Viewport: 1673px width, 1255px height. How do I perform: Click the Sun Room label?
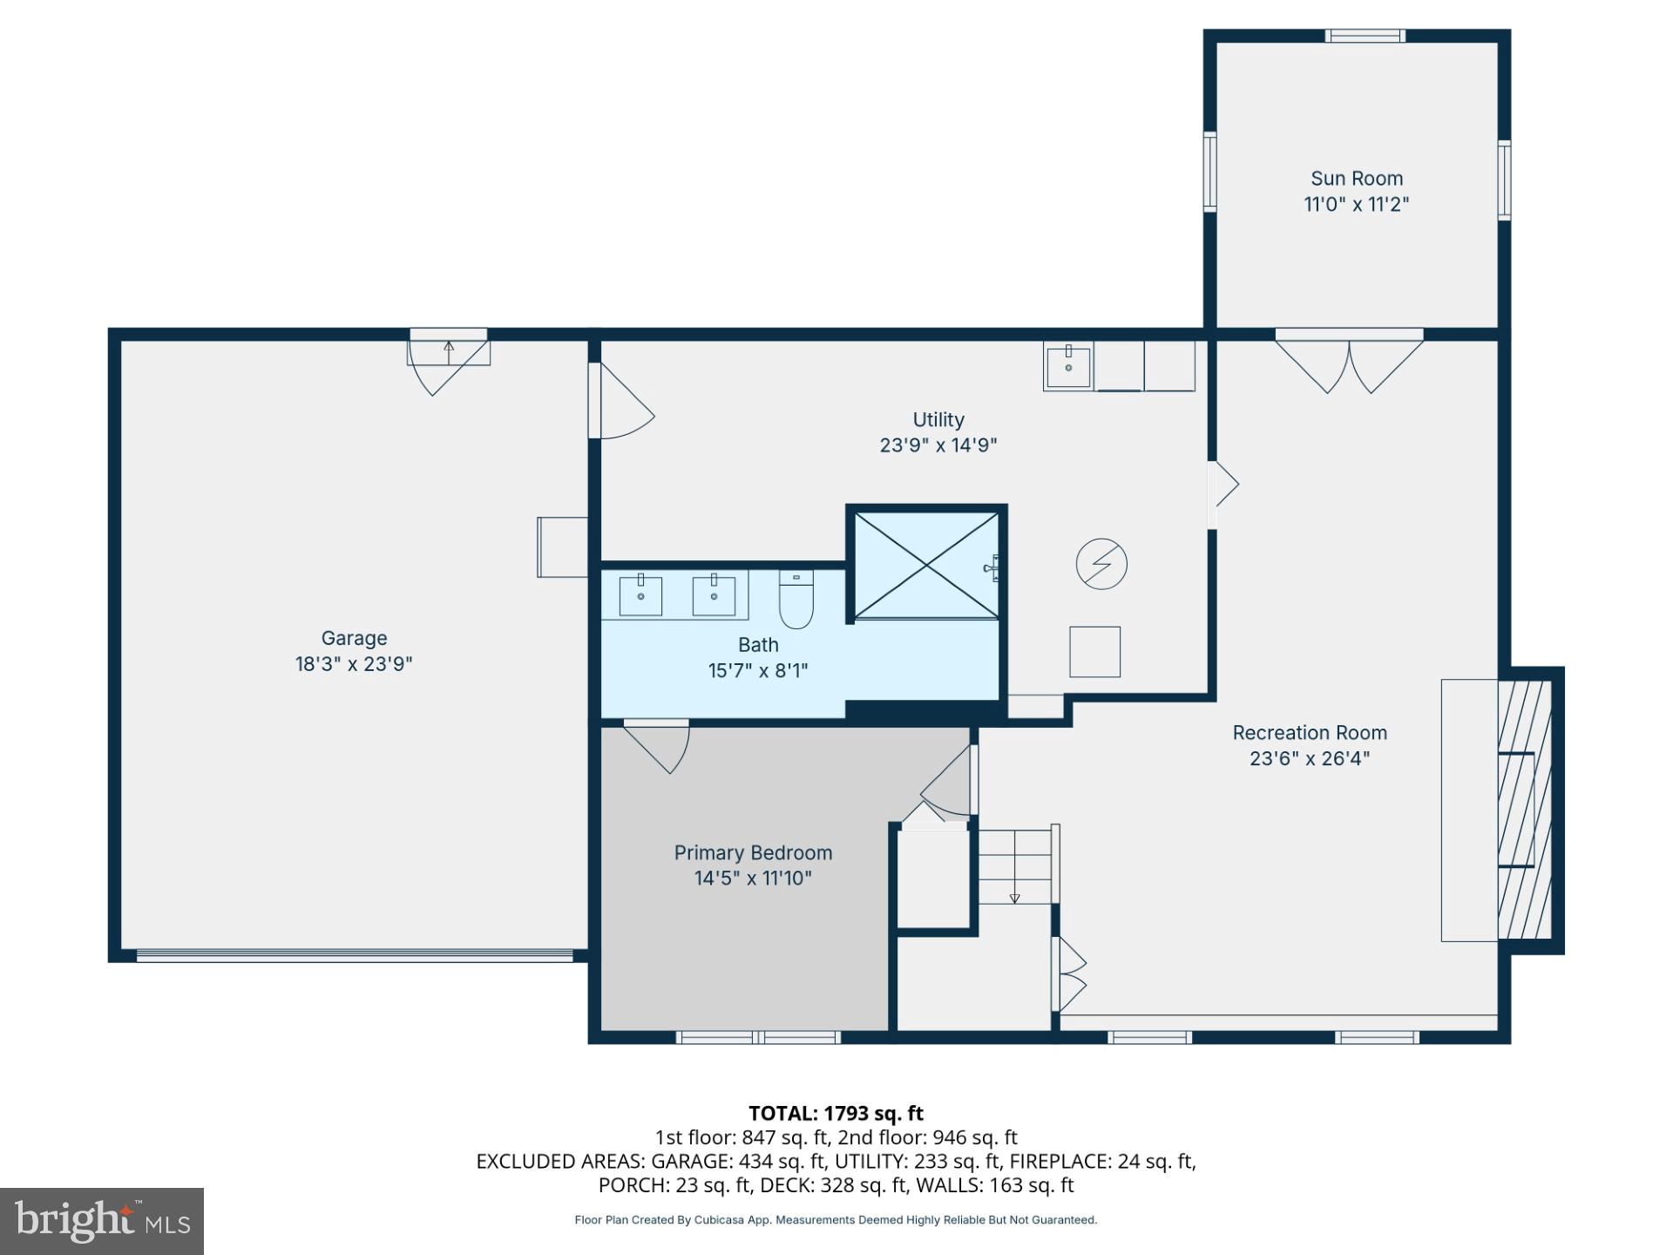click(x=1356, y=179)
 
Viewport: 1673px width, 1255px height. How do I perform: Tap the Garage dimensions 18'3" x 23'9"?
click(x=353, y=664)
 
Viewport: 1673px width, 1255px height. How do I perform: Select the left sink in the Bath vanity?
click(x=640, y=596)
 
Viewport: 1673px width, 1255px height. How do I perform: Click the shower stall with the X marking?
click(x=925, y=566)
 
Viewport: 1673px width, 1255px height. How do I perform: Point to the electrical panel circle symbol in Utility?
click(x=1101, y=565)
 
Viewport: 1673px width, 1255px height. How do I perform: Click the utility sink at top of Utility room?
click(x=1068, y=367)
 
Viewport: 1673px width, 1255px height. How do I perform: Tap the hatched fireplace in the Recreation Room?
click(x=1524, y=810)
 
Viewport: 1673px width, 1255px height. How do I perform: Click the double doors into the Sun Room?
click(x=1349, y=362)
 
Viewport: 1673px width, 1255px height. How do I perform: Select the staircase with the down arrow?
click(x=1014, y=866)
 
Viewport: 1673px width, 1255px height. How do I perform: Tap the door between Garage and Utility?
click(x=620, y=402)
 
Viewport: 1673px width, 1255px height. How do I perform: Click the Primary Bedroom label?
click(x=753, y=853)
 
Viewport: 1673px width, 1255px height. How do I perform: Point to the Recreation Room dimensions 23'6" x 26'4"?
click(x=1309, y=759)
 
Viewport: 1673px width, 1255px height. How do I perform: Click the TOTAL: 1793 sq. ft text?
click(x=836, y=1114)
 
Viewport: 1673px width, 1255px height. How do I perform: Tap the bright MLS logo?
click(x=102, y=1221)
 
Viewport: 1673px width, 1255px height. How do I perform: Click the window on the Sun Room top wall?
click(x=1365, y=36)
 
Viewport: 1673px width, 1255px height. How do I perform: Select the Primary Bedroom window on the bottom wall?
click(x=758, y=1037)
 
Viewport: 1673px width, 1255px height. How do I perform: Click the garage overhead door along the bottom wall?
click(x=355, y=956)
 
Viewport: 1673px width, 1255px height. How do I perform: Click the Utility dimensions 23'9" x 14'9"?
click(x=938, y=446)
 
